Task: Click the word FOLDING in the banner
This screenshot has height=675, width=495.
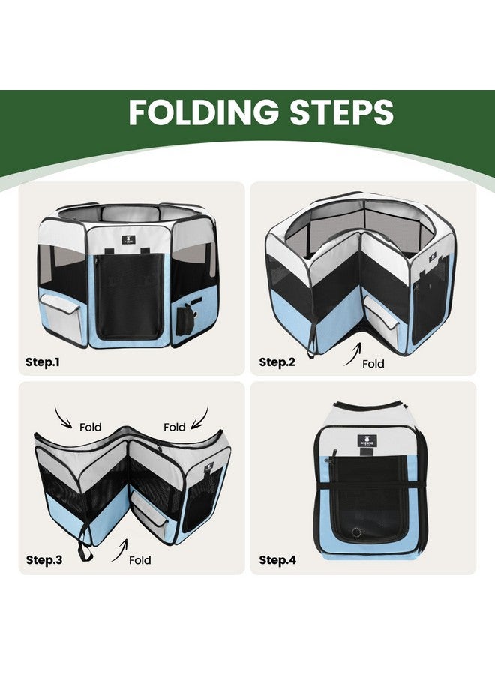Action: coord(203,112)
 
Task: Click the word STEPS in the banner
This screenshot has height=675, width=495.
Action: coord(341,112)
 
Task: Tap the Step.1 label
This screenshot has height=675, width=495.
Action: coord(43,362)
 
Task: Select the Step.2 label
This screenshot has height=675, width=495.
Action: coord(277,362)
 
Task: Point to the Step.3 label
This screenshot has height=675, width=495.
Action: coord(44,560)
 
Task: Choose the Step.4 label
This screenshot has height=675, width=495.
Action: coord(277,560)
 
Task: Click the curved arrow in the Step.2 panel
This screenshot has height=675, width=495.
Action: coord(354,354)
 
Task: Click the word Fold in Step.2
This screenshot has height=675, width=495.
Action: coord(373,364)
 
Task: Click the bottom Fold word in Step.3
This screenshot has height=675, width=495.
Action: coord(140,560)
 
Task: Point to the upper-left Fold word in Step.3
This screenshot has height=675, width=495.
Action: coord(91,427)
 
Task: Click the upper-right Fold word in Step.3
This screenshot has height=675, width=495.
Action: coord(174,427)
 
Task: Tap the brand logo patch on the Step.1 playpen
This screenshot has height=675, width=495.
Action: coord(129,240)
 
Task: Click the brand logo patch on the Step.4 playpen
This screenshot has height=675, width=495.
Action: coord(367,441)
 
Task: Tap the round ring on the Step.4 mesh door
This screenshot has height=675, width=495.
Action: coord(356,532)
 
